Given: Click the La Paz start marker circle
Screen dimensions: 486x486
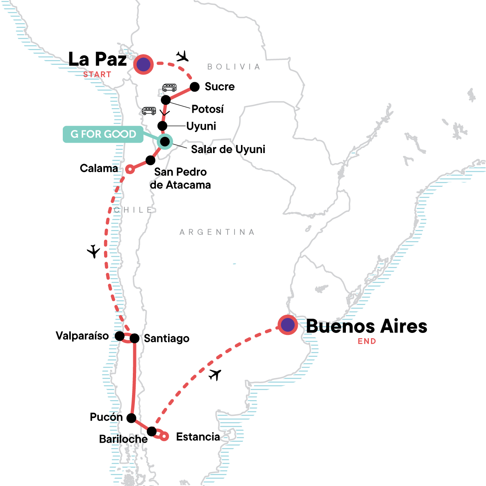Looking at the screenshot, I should (143, 64).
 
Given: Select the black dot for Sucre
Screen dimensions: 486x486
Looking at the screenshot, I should (195, 87).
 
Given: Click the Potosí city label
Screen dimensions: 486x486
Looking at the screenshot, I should (207, 109).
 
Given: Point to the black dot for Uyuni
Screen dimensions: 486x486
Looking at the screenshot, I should (162, 126).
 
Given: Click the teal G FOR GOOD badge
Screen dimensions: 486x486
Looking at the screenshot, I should (103, 134).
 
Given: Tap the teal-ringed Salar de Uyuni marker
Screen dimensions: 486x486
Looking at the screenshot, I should (165, 141).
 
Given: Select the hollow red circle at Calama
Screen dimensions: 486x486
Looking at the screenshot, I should (130, 169).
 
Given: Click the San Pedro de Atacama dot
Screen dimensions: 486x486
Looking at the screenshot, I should (150, 160).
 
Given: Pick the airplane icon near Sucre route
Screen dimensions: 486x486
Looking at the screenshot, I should (183, 56).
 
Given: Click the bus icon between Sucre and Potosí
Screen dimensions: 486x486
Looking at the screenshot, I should (169, 87).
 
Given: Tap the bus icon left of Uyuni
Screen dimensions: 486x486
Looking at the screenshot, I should (149, 111).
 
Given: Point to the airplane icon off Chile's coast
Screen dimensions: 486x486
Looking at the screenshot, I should (94, 252).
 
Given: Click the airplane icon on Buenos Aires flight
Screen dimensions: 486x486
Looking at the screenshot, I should (215, 375).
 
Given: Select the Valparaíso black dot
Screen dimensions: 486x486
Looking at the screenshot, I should (119, 336).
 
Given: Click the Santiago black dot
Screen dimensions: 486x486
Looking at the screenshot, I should (134, 338).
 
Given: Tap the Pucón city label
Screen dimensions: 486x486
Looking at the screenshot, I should (106, 417).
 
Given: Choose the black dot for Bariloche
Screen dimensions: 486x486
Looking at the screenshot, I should (151, 431).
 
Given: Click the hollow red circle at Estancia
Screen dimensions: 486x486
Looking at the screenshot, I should (164, 437).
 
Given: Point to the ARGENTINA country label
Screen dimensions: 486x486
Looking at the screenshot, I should (217, 232).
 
